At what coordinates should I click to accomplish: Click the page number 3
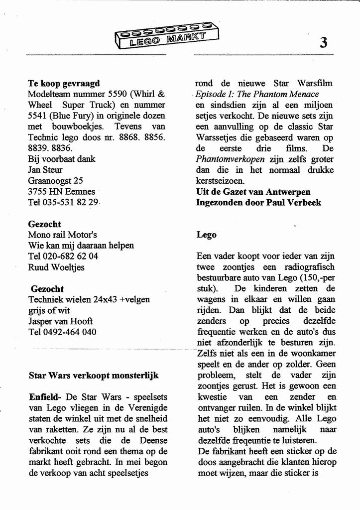point(324,43)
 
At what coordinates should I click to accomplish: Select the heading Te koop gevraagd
point(64,83)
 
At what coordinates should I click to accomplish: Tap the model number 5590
point(118,94)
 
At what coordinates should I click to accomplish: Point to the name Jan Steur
point(45,170)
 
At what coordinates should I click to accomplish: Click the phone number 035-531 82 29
point(71,202)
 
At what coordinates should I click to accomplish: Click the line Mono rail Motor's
point(62,235)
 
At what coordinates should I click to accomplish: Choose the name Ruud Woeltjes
point(56,267)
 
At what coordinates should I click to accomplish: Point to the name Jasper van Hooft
point(60,321)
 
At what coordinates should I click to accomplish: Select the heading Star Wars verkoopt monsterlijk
point(94,376)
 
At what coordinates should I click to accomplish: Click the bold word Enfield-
point(45,397)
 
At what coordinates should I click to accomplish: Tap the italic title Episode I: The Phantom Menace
point(257,94)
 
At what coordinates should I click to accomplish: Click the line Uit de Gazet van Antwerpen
point(253,192)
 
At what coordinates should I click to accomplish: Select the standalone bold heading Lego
point(206,235)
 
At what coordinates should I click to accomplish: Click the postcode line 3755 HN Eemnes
point(61,191)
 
